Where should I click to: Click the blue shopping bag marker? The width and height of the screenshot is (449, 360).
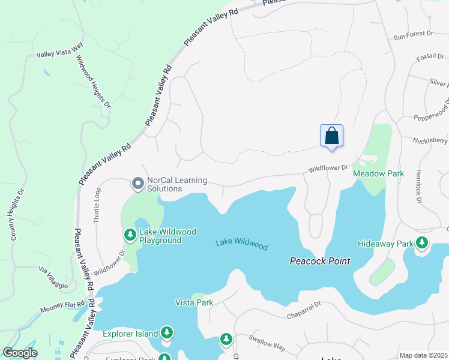tap(331, 136)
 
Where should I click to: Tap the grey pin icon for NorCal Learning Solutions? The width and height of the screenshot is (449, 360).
tap(137, 182)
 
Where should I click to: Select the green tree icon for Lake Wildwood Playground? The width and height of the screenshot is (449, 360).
tap(129, 234)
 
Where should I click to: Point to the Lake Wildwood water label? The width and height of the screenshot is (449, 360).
tap(241, 244)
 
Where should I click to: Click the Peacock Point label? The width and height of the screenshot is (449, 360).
tap(319, 261)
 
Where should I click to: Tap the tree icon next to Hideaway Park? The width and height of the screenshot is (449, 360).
tap(423, 243)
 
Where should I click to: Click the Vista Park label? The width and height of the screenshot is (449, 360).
tap(194, 302)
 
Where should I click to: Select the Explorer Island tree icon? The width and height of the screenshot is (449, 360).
tap(166, 333)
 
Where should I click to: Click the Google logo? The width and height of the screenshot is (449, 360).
tap(20, 353)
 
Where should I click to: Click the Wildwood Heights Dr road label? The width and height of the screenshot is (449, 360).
tap(93, 82)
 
